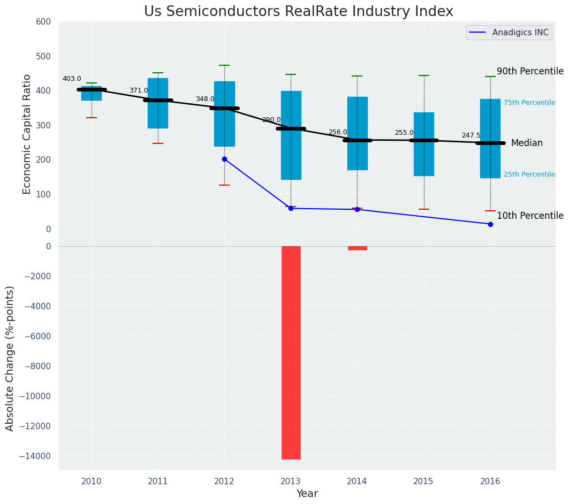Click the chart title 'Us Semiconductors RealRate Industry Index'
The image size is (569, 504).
click(x=298, y=12)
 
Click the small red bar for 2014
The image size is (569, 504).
click(x=358, y=248)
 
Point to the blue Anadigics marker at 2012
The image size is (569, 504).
click(x=224, y=159)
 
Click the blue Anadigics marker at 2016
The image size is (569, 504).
click(x=490, y=224)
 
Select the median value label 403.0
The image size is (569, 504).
click(x=72, y=79)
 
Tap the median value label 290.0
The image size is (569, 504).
click(x=271, y=120)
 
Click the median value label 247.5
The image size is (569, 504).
click(x=471, y=135)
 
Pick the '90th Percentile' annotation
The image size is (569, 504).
click(x=530, y=72)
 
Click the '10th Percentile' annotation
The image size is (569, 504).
click(x=530, y=216)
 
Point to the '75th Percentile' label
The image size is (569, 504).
click(x=529, y=103)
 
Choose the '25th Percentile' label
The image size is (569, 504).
click(x=529, y=174)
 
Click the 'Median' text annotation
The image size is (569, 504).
click(x=527, y=143)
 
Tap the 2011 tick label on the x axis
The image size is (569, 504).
click(x=158, y=481)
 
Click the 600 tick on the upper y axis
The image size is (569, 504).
click(x=43, y=22)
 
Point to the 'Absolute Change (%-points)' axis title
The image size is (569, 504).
click(x=10, y=358)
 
